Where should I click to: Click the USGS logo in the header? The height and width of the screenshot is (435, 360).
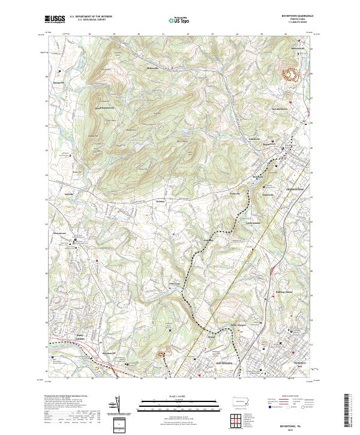tap(56, 19)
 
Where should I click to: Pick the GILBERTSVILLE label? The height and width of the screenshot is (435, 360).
tap(295, 189)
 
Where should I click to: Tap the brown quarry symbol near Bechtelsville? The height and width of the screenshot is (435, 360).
tap(291, 74)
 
